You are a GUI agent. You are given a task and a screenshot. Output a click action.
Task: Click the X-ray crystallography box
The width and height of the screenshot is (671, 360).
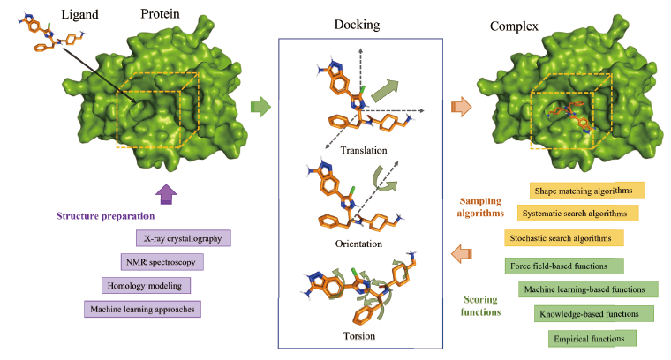[x=184, y=238]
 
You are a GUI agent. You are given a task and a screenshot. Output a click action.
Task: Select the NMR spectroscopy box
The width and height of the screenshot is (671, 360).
[x=162, y=262]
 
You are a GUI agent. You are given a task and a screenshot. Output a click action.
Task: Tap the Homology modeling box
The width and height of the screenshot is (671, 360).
[x=146, y=286]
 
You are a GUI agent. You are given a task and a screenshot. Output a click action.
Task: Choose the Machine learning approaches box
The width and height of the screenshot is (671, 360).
[x=142, y=309]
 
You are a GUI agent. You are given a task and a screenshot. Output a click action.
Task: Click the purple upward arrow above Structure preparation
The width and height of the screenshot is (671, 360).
[x=166, y=194]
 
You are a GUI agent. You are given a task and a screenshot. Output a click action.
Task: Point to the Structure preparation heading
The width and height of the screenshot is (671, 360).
[x=105, y=216]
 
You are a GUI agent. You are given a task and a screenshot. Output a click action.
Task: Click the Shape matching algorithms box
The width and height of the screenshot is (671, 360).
[x=587, y=191]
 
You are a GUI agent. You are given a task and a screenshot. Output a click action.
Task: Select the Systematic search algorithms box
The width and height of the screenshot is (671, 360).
[x=577, y=213]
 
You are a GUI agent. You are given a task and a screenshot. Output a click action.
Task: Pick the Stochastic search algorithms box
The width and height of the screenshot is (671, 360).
[x=564, y=237]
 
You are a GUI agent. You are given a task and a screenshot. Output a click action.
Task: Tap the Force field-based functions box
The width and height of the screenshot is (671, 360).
[x=564, y=266]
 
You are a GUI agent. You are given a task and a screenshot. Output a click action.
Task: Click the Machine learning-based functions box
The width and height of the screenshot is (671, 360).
[x=588, y=289]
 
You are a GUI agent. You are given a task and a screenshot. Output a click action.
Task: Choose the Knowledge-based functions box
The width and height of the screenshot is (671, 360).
[x=594, y=314]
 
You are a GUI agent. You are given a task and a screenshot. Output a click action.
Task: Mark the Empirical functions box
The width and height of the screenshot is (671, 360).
[x=592, y=339]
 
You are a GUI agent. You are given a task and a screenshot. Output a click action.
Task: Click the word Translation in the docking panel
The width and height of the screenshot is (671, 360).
[x=364, y=150]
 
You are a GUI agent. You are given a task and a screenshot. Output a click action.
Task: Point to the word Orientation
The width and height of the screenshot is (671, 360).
[x=358, y=244]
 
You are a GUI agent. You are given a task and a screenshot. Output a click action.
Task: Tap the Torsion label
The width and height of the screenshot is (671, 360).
[x=359, y=336]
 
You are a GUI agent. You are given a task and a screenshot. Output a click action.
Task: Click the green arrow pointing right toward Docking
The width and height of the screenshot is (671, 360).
[x=260, y=107]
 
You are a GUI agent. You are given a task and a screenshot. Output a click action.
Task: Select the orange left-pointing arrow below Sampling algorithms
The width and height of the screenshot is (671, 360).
[x=461, y=254]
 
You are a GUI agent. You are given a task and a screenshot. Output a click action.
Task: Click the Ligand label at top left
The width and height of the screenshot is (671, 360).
[x=79, y=15]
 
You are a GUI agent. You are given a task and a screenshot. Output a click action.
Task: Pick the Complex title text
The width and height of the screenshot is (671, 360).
[x=514, y=26]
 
